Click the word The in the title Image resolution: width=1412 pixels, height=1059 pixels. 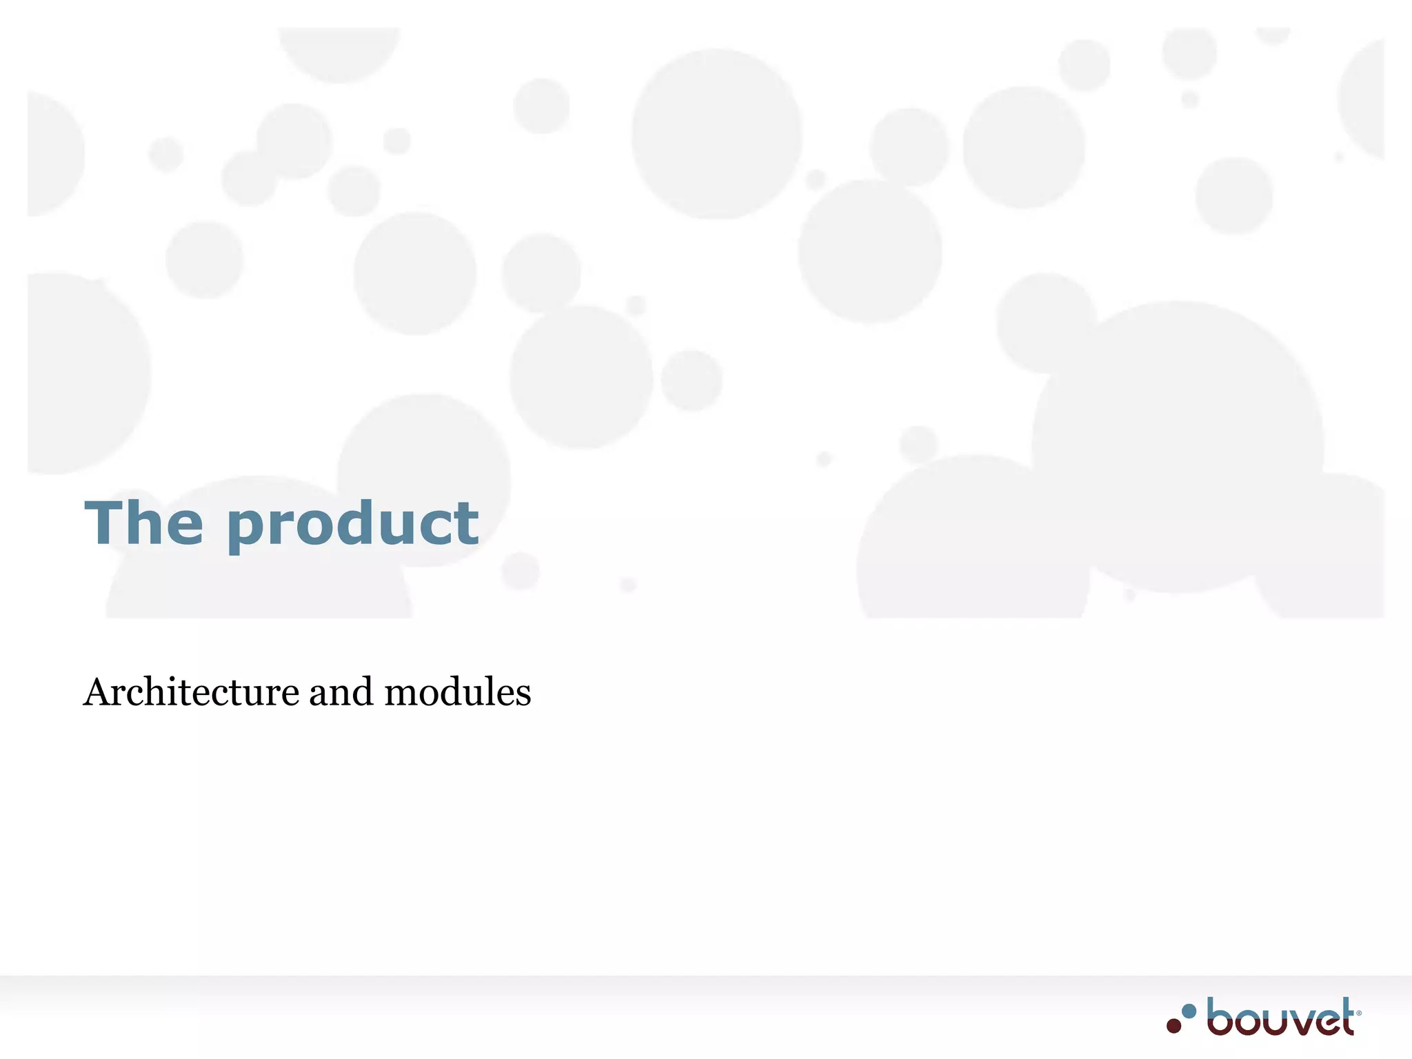pyautogui.click(x=143, y=523)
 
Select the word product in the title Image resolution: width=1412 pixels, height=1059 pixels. pyautogui.click(x=352, y=525)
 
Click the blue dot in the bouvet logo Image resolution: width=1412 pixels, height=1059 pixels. pyautogui.click(x=1189, y=1011)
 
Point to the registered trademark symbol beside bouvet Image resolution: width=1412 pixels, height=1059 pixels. pyautogui.click(x=1359, y=1013)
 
